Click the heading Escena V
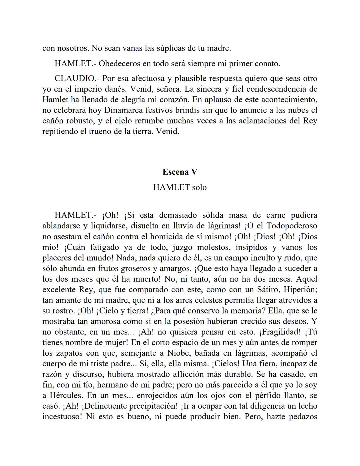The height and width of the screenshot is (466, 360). [x=180, y=172]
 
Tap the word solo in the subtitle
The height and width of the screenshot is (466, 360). [x=199, y=187]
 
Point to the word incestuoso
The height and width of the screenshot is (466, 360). [x=62, y=417]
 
